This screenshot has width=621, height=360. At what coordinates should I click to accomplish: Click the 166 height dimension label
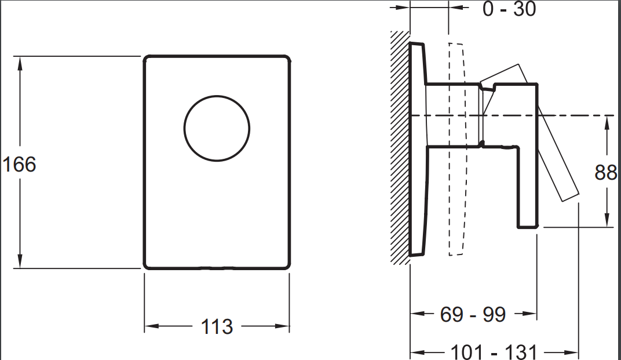19,164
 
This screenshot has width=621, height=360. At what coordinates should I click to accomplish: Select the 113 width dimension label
217,327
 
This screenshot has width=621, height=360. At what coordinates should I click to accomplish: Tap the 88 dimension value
606,172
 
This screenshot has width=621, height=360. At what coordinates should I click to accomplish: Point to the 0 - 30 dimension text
509,9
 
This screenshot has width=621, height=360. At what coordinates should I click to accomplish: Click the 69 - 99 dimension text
473,314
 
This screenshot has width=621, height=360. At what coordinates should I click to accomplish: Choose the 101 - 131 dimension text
494,352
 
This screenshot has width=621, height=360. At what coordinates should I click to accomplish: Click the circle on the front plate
217,96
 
